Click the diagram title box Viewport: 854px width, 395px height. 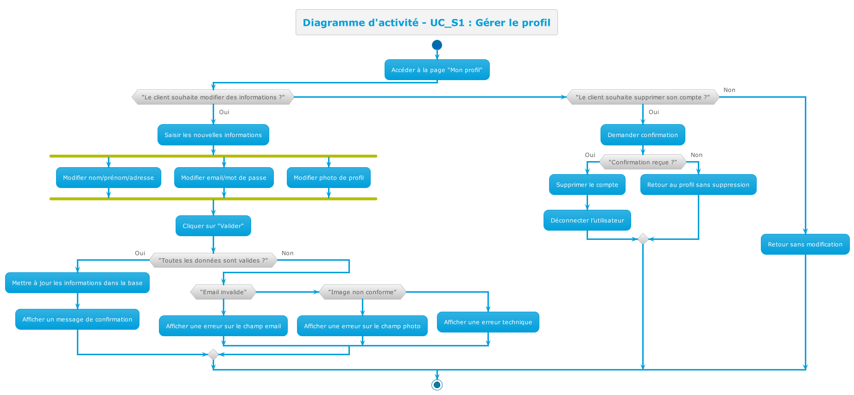click(426, 22)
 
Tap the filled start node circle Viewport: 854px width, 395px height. click(436, 45)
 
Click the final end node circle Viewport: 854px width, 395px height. click(436, 384)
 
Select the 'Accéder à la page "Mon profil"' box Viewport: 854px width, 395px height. click(436, 70)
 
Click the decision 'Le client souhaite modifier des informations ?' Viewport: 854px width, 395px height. click(213, 97)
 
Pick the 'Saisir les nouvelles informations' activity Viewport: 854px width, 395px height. click(213, 135)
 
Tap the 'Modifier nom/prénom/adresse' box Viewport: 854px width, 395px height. click(108, 178)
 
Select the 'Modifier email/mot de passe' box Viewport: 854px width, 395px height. click(224, 178)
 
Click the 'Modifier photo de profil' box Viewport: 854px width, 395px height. click(329, 178)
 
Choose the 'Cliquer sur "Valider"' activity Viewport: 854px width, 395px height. click(213, 226)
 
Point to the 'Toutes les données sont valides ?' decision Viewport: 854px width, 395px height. click(213, 260)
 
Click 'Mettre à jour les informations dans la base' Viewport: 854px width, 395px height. click(77, 283)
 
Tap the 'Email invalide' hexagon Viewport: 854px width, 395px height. click(223, 292)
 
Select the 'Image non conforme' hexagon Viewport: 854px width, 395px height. click(362, 292)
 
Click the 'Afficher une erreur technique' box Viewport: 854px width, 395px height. click(488, 322)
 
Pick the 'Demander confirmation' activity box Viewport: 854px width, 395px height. click(643, 135)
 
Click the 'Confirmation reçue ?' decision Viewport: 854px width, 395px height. click(643, 162)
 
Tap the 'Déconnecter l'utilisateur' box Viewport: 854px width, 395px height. click(587, 220)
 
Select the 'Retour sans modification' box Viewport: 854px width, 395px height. click(805, 245)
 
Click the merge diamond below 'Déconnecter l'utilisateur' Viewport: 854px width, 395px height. click(643, 239)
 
